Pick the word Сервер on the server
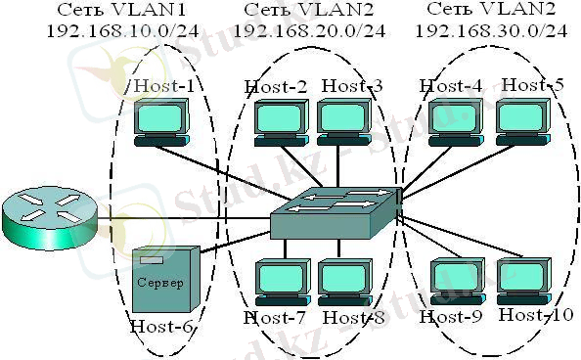click(158, 281)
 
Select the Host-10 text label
click(534, 315)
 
